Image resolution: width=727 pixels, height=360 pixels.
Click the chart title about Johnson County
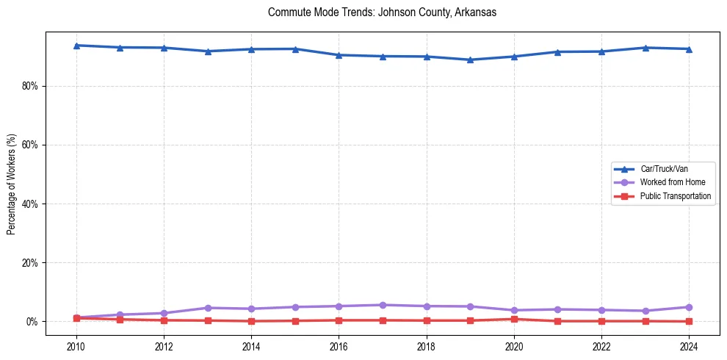[x=383, y=12]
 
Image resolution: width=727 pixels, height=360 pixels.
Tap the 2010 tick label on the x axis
[x=76, y=345]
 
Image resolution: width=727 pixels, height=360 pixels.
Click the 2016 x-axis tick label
[x=339, y=345]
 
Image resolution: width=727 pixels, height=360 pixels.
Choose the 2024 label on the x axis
[x=689, y=345]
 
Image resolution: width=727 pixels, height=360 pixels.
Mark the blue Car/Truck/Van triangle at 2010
[x=76, y=46]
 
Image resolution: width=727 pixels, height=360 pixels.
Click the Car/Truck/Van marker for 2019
[x=470, y=60]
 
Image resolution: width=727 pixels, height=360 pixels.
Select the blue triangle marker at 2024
[x=689, y=49]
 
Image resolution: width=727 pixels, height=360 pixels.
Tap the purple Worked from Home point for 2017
[x=383, y=305]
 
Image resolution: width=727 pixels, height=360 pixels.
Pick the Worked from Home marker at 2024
[x=689, y=307]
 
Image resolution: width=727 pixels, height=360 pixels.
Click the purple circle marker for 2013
[x=208, y=308]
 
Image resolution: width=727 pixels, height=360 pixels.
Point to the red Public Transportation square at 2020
[x=514, y=319]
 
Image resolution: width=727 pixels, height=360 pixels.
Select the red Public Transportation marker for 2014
[x=251, y=321]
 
